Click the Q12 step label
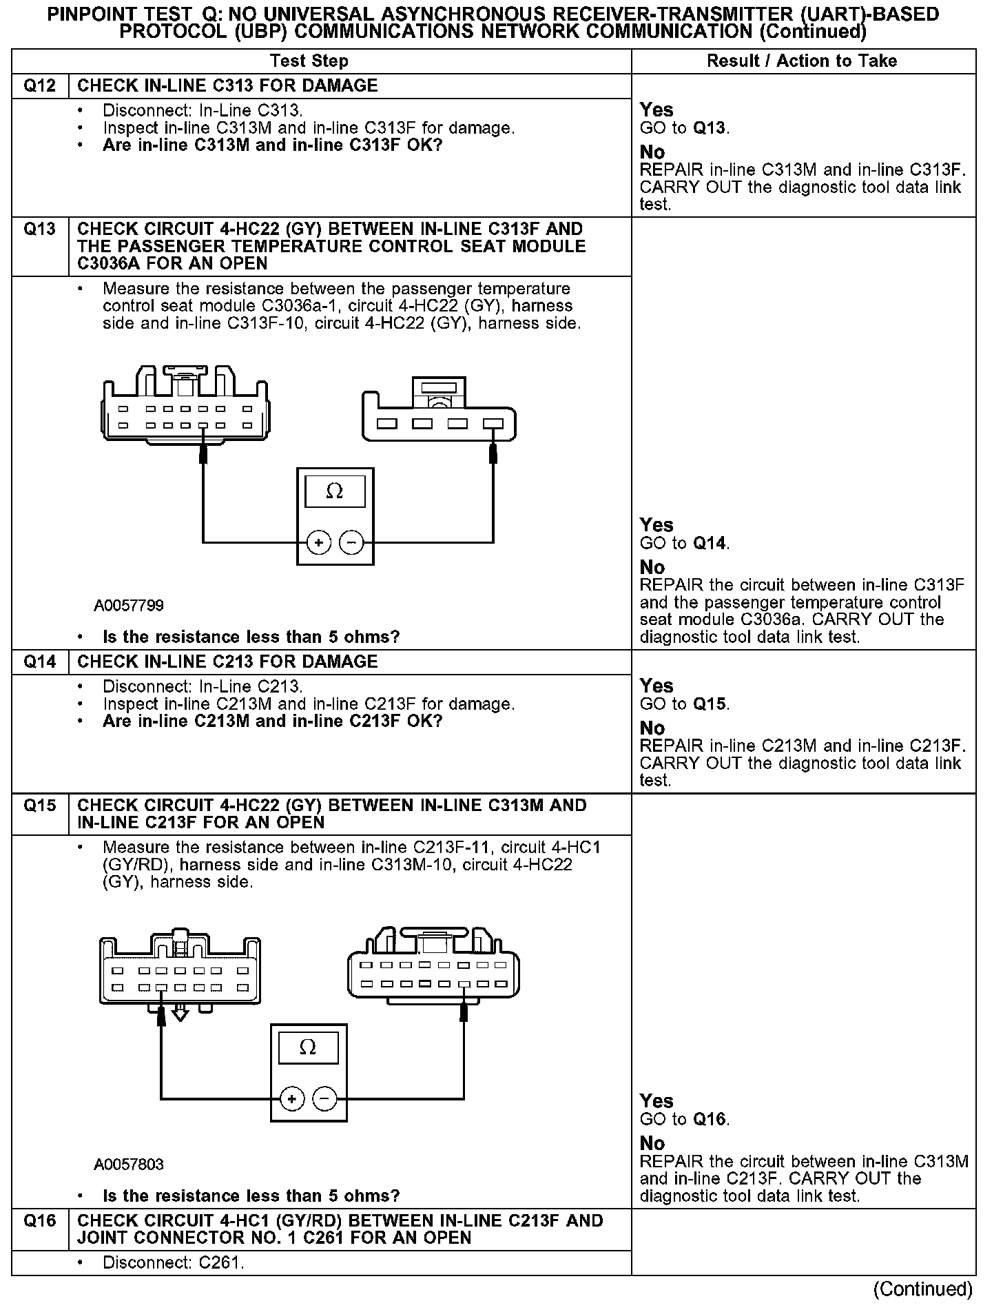click(40, 85)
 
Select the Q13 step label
click(40, 229)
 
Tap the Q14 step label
click(40, 662)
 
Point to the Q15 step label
click(40, 805)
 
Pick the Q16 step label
click(40, 1220)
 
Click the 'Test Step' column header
click(309, 61)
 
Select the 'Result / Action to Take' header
click(802, 61)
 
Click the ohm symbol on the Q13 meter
click(335, 491)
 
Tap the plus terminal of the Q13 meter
click(318, 543)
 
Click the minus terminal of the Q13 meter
click(352, 543)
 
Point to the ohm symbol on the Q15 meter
click(308, 1048)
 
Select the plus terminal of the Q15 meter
click(291, 1098)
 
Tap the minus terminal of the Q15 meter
click(325, 1098)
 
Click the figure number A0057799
click(129, 606)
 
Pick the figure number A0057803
click(129, 1165)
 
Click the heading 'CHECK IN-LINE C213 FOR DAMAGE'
click(227, 662)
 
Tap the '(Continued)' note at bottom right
click(923, 1289)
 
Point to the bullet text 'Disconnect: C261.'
click(174, 1263)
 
